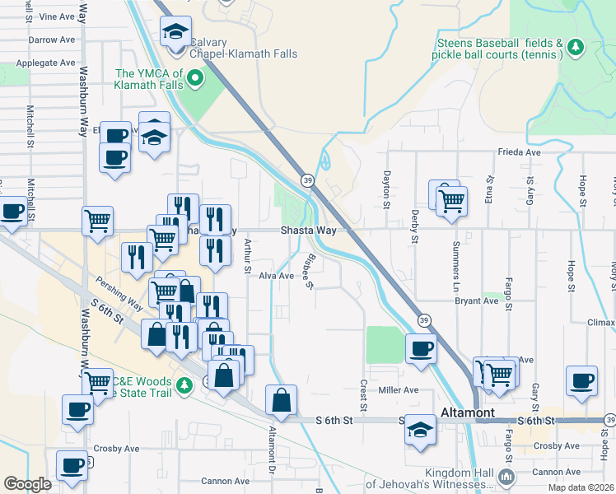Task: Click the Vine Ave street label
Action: click(x=57, y=16)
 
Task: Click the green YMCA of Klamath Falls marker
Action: click(x=195, y=79)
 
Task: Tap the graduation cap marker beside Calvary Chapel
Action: click(x=175, y=34)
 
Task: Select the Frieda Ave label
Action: click(x=518, y=152)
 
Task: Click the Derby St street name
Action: click(x=413, y=226)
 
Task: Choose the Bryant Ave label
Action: click(x=477, y=301)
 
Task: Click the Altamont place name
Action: click(x=468, y=412)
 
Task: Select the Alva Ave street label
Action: click(x=276, y=276)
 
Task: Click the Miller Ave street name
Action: click(x=399, y=389)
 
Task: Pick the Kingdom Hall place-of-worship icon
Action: click(x=508, y=477)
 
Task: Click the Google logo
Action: click(x=27, y=484)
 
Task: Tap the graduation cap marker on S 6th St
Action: click(x=421, y=431)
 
